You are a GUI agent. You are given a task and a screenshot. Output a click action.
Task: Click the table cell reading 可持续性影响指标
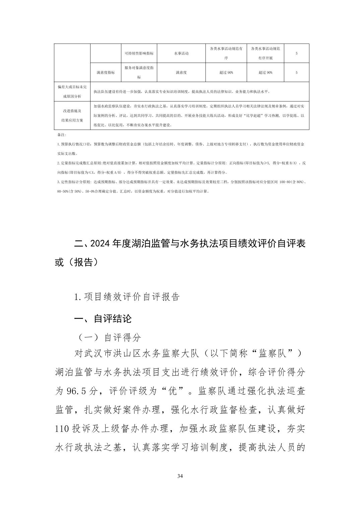tap(139, 53)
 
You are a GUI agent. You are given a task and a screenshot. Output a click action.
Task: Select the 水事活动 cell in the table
tap(181, 53)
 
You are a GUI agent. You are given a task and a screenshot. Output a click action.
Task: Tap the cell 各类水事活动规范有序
tap(226, 53)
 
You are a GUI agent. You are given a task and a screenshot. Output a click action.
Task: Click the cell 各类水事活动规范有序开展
tap(265, 53)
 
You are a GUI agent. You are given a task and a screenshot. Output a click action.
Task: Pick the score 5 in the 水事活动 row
tap(296, 53)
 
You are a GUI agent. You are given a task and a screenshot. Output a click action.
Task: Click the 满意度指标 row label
tap(106, 72)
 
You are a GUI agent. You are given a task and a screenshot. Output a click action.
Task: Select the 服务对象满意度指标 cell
tap(139, 72)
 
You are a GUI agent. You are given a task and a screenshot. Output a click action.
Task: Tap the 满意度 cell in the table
tap(181, 72)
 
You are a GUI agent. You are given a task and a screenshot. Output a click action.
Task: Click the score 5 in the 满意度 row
tap(296, 72)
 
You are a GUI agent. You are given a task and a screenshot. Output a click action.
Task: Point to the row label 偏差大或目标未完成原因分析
tap(72, 91)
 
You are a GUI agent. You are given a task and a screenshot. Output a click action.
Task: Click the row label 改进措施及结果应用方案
tap(72, 115)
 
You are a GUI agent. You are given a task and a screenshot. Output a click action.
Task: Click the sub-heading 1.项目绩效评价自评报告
tap(127, 297)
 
